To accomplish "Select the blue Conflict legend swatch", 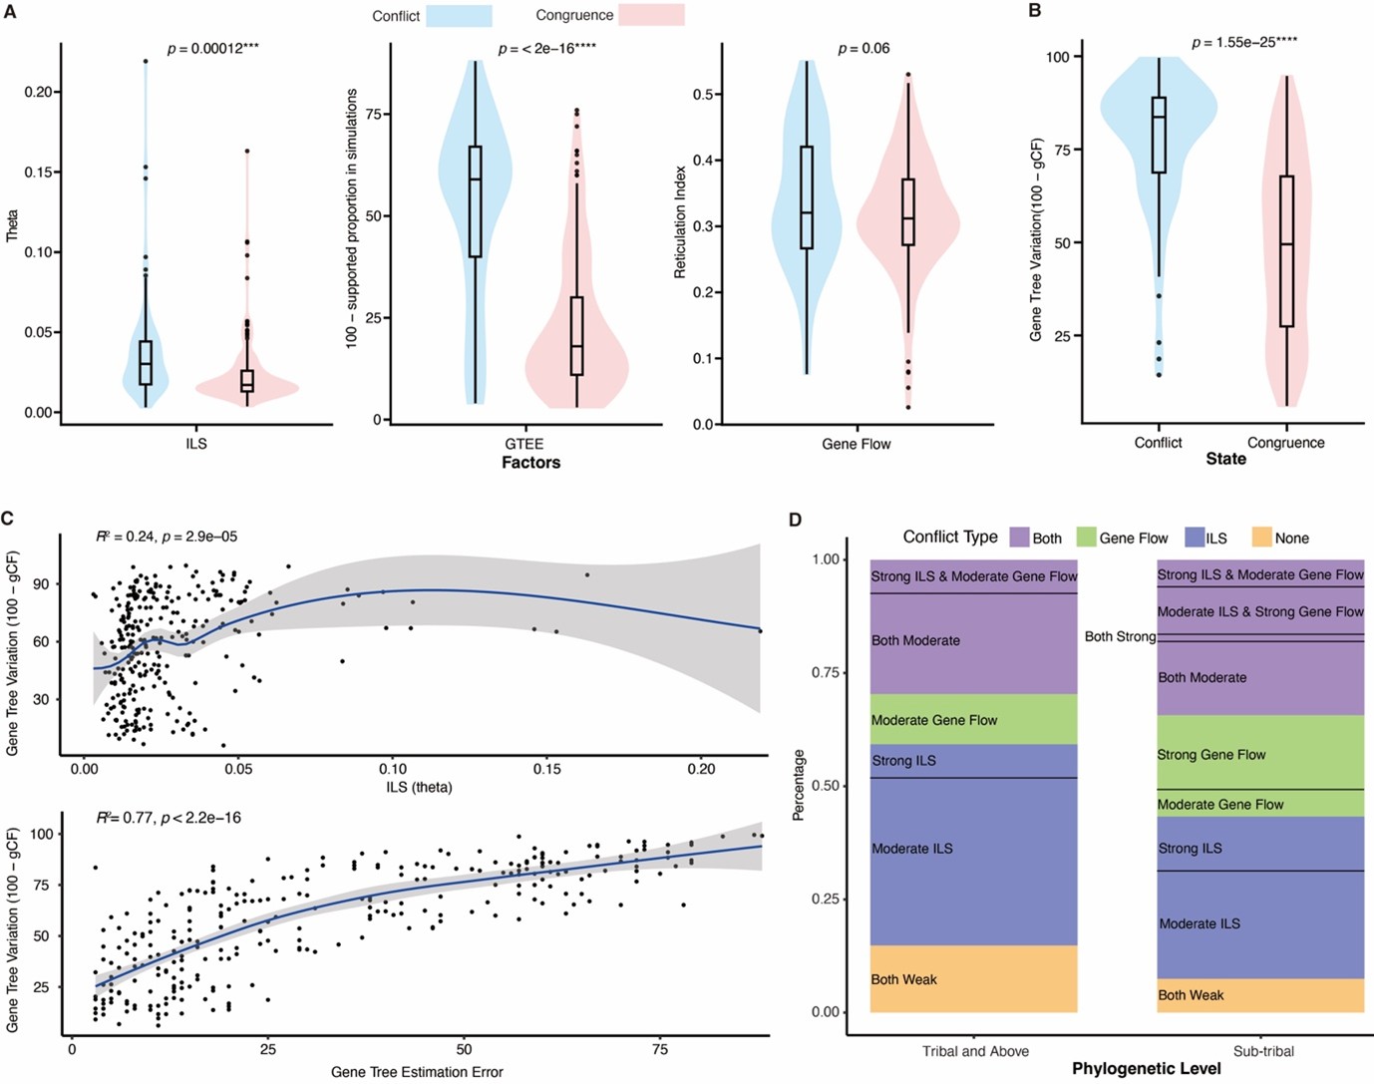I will click(459, 16).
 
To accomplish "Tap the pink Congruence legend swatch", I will click(651, 16).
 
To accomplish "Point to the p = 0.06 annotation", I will click(863, 48).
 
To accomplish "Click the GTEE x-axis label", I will click(523, 444).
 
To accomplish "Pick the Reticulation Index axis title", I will click(680, 221).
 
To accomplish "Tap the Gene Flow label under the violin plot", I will click(856, 444).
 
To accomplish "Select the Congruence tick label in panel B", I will click(1285, 443).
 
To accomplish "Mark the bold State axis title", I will click(1225, 460).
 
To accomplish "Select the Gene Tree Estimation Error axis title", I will click(417, 1072).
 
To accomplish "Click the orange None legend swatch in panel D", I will click(1260, 538).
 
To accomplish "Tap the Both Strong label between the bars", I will click(1120, 636).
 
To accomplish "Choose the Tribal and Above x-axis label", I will click(975, 1051).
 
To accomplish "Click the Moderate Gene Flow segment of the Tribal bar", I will click(973, 720).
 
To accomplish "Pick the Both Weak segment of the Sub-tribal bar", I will click(1260, 995).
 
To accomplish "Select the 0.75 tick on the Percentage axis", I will click(828, 673).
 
